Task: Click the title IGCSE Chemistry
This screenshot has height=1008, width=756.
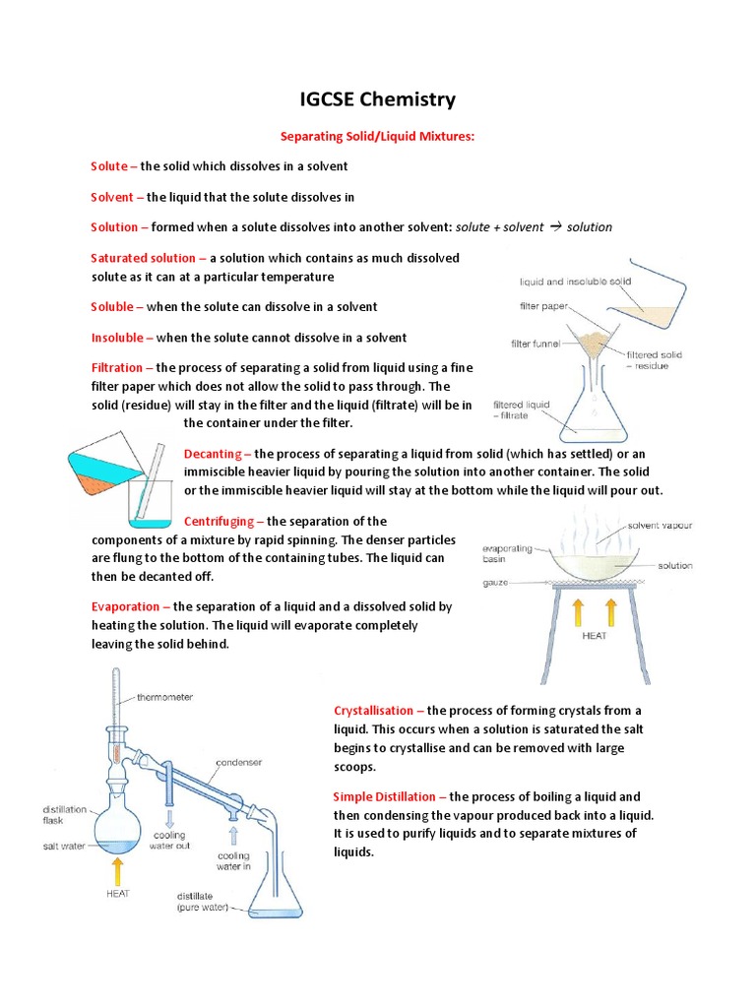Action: tap(378, 99)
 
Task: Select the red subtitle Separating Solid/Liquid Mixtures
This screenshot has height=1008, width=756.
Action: tap(378, 137)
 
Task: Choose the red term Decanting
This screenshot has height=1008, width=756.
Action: tap(218, 453)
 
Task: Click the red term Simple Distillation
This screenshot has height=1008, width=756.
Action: tap(390, 796)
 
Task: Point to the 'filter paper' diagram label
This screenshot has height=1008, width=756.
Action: tap(543, 306)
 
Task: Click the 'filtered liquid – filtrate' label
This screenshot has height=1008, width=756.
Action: tap(522, 409)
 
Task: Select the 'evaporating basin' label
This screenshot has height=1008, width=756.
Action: tap(508, 554)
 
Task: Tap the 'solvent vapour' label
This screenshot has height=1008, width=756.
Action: tap(661, 526)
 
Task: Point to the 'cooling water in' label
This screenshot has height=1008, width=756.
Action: tap(233, 862)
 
